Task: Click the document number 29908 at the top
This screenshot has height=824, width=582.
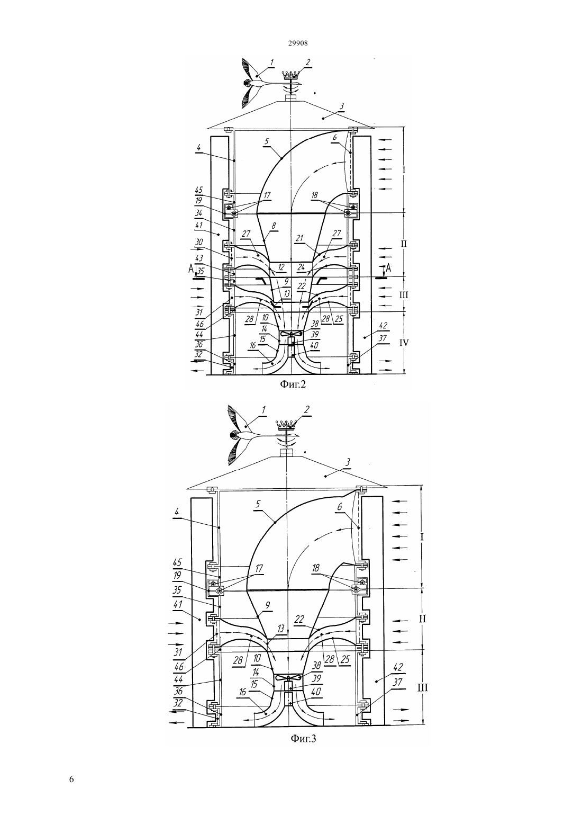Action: click(298, 43)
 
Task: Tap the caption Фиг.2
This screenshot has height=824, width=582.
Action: click(293, 384)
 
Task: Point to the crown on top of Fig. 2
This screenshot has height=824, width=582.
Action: click(290, 76)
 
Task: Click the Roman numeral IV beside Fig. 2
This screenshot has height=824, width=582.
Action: click(404, 343)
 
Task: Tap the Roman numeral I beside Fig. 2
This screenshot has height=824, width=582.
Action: click(404, 170)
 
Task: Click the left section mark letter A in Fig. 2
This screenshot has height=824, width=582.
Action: click(190, 269)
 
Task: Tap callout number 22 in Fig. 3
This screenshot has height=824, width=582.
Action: click(299, 620)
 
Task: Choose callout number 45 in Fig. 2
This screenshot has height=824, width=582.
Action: click(199, 191)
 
